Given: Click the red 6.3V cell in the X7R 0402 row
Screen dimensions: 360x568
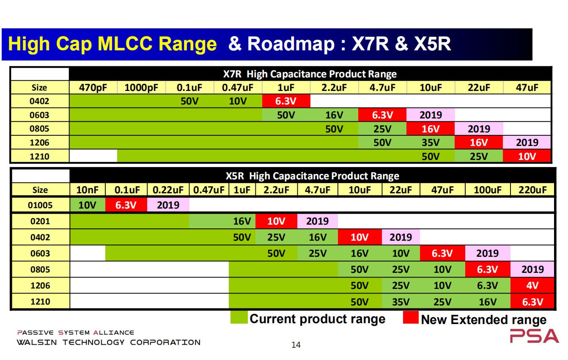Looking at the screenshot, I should point(286,101).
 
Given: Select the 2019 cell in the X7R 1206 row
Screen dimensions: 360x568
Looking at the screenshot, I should point(527,143).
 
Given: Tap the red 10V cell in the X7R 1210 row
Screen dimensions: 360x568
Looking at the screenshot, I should point(527,157).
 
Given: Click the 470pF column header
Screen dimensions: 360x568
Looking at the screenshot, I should point(93,88).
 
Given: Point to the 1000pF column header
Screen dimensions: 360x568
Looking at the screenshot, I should point(141,88).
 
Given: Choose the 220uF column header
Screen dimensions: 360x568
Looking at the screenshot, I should point(532,190).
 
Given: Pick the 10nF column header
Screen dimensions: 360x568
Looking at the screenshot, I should point(88,190).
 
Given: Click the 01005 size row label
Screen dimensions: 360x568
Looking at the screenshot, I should point(40,205).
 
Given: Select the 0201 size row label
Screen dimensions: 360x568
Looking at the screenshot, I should point(40,221).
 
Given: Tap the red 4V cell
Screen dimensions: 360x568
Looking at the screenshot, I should point(532,286).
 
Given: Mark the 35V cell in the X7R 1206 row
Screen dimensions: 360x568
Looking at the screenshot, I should point(431,143).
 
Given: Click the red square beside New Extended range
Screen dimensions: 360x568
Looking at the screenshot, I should point(410,318).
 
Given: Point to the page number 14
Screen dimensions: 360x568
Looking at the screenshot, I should point(296,345).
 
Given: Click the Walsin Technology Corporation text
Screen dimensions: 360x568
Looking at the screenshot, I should point(108,342).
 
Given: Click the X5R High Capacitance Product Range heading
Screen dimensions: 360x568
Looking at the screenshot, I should point(312,176).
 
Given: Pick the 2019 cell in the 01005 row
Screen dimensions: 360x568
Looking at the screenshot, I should point(168,205).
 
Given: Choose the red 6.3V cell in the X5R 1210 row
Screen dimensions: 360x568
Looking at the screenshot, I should point(532,302).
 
